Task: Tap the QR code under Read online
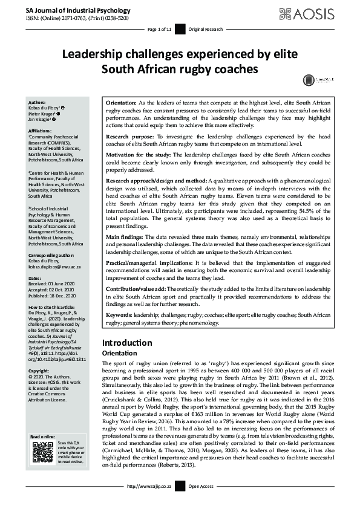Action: tap(43, 453)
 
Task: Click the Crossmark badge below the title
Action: tap(309, 79)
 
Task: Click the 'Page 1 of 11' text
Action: tap(160, 29)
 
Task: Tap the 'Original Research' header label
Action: tap(205, 29)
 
